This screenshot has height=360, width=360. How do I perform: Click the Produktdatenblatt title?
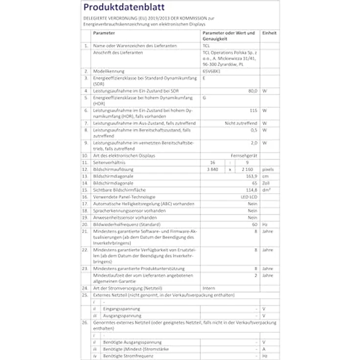click(124, 7)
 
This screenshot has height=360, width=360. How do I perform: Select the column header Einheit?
click(269, 33)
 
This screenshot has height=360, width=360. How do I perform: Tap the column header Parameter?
click(104, 33)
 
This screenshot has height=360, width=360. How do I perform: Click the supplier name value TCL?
click(205, 45)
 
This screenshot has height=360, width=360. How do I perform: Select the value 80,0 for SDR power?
click(252, 90)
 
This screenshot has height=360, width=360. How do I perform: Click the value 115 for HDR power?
click(253, 110)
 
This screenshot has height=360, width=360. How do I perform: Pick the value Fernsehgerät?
click(244, 156)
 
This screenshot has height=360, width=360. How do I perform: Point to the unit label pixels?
click(268, 169)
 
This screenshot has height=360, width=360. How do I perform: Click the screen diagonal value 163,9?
click(251, 176)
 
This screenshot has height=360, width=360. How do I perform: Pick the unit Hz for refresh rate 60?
click(265, 224)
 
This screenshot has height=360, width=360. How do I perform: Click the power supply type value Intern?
click(208, 289)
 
